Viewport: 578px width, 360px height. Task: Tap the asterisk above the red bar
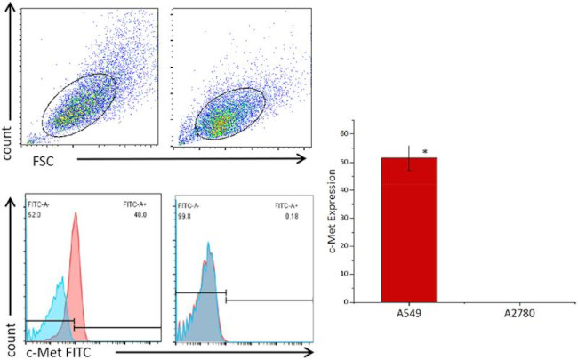tap(425, 153)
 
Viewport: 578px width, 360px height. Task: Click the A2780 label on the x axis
tap(510, 314)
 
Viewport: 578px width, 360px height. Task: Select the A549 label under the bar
tap(409, 314)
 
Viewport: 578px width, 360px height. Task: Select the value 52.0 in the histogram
tap(36, 213)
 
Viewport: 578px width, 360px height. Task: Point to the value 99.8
tap(185, 213)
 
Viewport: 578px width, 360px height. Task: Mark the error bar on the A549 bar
tap(409, 158)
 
